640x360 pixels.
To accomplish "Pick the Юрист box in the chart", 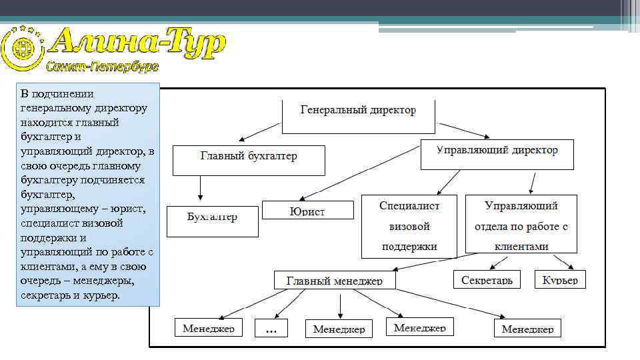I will point(307,210).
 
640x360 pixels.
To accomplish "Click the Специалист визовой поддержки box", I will point(409,226).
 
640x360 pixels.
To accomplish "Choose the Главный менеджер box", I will point(335,280).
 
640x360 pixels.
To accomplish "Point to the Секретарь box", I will point(487,279).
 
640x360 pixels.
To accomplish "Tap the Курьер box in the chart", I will point(561,279).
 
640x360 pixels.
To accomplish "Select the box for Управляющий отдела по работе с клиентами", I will point(521,225).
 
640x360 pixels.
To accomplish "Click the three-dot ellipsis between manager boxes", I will point(271,329).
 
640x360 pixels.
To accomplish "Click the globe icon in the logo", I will point(19,48).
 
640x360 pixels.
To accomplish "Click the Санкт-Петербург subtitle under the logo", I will point(102,67).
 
